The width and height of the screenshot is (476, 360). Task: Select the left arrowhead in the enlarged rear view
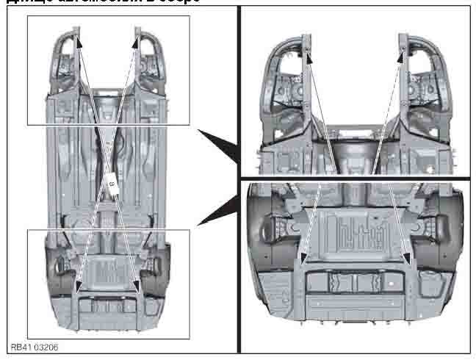tap(302, 257)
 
